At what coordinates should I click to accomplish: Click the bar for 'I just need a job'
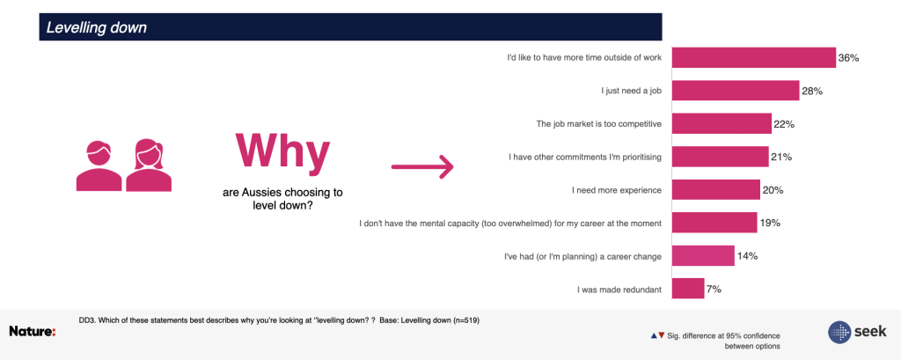click(x=736, y=91)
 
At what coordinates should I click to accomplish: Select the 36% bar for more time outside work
click(x=754, y=57)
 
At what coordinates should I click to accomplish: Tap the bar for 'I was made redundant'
click(x=688, y=288)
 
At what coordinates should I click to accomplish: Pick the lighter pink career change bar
click(x=703, y=255)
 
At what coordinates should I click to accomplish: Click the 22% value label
click(x=784, y=123)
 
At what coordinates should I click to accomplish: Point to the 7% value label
click(x=714, y=290)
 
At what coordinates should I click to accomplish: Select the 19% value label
click(x=769, y=223)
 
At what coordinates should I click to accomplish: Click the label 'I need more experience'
click(x=617, y=190)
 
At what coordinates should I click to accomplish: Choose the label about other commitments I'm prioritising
click(x=585, y=157)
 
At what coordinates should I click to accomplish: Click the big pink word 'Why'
click(x=282, y=151)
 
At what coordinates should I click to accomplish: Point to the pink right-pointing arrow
click(x=422, y=166)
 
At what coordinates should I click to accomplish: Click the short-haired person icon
click(x=99, y=165)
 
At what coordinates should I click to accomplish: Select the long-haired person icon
click(x=149, y=165)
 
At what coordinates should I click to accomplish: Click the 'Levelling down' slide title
click(x=97, y=27)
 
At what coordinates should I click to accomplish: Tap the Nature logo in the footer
click(x=33, y=331)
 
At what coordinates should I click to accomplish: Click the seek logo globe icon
click(x=839, y=333)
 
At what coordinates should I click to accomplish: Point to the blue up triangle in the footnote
click(x=654, y=335)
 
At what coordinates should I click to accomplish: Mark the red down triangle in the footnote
click(x=662, y=335)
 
